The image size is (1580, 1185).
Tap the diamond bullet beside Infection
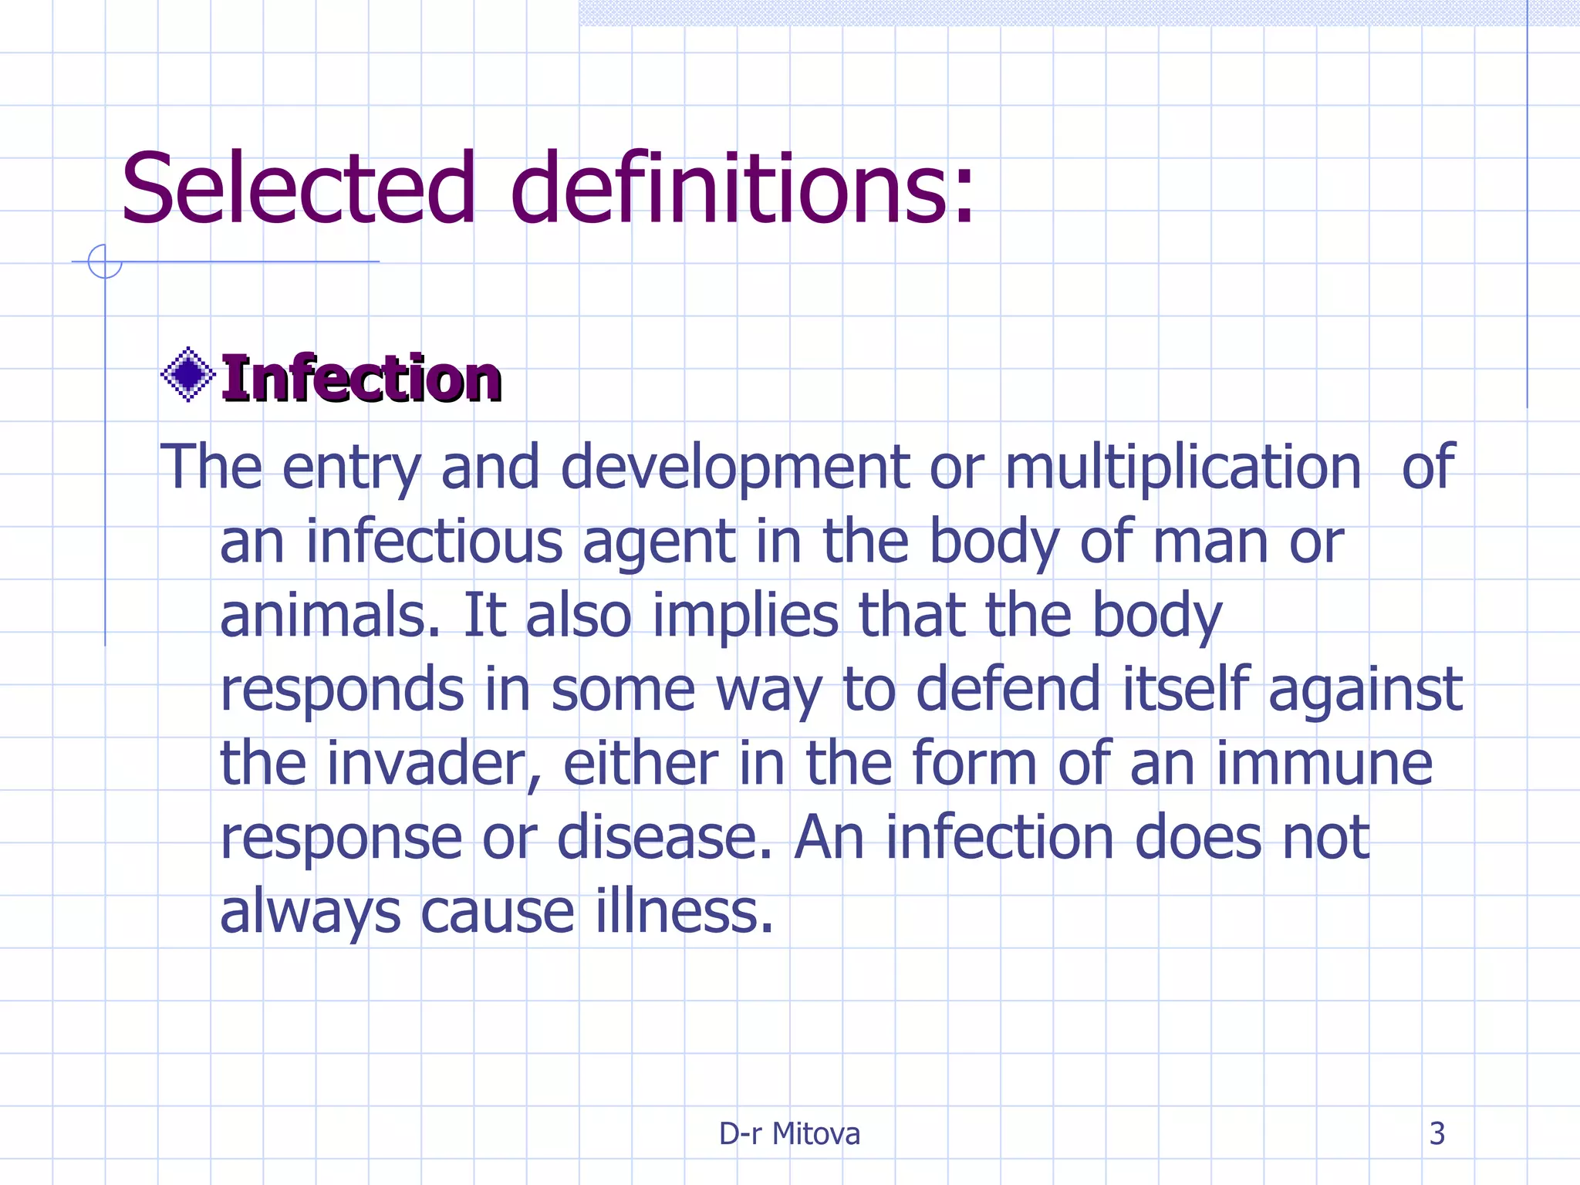[x=187, y=375]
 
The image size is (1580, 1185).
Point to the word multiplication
[x=1183, y=468]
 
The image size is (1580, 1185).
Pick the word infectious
[x=434, y=542]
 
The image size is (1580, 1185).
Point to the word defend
[x=1008, y=690]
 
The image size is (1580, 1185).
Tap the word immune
[x=1324, y=764]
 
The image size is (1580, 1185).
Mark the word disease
[x=663, y=838]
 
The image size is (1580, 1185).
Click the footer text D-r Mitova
[x=789, y=1133]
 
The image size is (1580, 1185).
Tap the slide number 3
[x=1437, y=1133]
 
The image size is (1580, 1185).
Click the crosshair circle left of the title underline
[x=105, y=261]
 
